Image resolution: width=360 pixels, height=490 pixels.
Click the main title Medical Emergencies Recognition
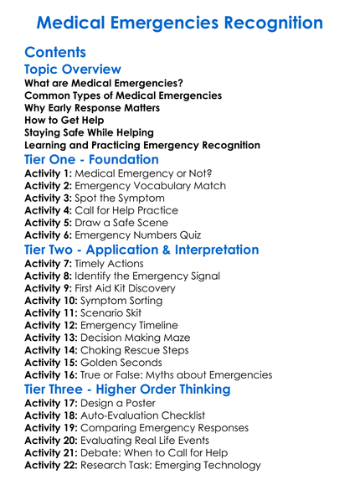(x=180, y=22)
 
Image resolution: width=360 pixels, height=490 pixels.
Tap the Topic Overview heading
(x=73, y=70)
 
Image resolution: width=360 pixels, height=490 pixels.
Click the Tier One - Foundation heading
(x=91, y=159)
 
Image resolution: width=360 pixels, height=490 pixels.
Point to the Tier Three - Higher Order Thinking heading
(x=127, y=389)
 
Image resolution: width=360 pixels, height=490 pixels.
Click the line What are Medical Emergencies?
(x=104, y=83)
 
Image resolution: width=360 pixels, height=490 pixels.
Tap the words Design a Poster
(x=134, y=404)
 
